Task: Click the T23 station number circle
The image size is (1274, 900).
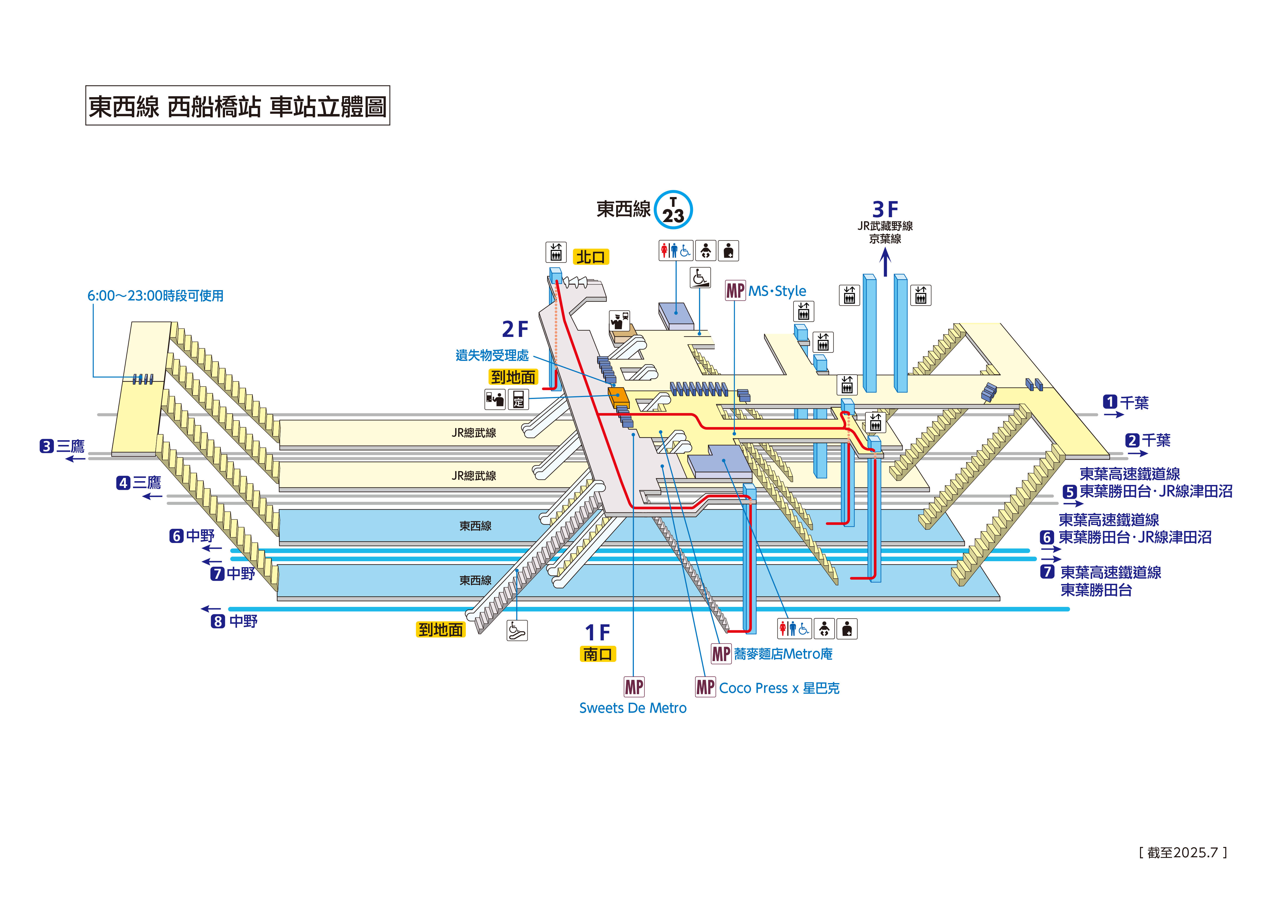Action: click(x=673, y=210)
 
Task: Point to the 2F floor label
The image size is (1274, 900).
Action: click(x=515, y=329)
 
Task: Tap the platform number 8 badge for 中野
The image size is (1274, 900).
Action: click(x=218, y=622)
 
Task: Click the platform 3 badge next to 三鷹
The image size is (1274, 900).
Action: click(x=47, y=446)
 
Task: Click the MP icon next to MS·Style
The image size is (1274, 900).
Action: click(x=735, y=291)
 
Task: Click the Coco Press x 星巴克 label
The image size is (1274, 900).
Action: click(x=779, y=688)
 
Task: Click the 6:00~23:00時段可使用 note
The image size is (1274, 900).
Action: click(x=155, y=296)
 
